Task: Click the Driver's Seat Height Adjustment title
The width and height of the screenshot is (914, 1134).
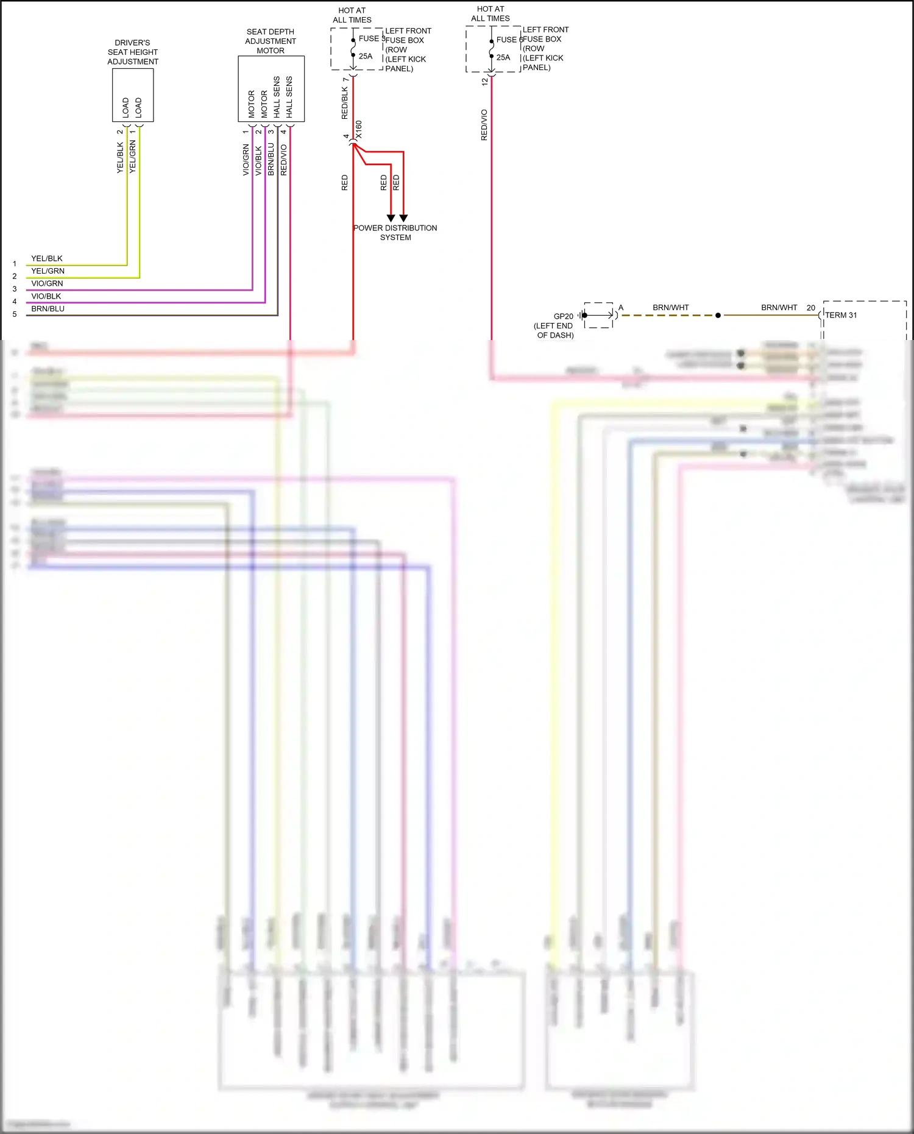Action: [133, 52]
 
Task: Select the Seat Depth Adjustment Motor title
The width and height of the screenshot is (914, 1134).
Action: [271, 41]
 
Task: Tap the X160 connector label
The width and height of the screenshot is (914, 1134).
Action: [359, 129]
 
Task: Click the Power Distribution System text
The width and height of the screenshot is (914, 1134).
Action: [395, 233]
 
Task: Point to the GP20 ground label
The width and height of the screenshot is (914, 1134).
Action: [563, 316]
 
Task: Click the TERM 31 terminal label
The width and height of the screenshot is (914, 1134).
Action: [841, 315]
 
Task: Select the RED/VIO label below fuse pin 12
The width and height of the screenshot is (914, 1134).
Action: [484, 125]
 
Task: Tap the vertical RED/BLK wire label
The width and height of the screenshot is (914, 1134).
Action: [345, 102]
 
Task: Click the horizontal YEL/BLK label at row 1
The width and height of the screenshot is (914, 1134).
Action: [47, 258]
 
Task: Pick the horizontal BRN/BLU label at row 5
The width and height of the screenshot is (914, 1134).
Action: [48, 309]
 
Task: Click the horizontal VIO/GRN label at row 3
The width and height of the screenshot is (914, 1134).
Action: [47, 283]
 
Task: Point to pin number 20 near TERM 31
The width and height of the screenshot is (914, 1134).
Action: [810, 308]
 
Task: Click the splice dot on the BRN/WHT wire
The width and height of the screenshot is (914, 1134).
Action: [718, 316]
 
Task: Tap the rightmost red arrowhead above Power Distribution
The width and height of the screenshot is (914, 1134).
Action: [403, 218]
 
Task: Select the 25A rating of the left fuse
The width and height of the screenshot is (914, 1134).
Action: [366, 56]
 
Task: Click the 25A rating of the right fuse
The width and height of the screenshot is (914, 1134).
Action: [503, 57]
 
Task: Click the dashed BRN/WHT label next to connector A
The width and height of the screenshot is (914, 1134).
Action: [670, 308]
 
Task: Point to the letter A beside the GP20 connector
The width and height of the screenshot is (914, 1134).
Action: [621, 308]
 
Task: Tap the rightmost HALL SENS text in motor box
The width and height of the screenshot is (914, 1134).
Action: [289, 97]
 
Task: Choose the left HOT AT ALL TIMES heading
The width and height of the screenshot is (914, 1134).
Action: [352, 15]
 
